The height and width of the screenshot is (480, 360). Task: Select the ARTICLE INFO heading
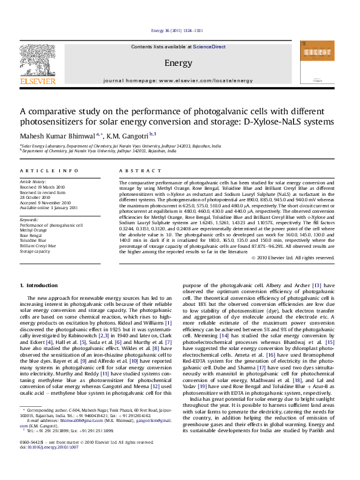49,171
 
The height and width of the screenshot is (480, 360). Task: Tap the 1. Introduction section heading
39,285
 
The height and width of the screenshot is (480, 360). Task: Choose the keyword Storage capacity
35,251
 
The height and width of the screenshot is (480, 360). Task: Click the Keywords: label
30,220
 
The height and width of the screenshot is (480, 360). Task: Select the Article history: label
33,181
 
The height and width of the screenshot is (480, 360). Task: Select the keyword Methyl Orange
34,230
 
